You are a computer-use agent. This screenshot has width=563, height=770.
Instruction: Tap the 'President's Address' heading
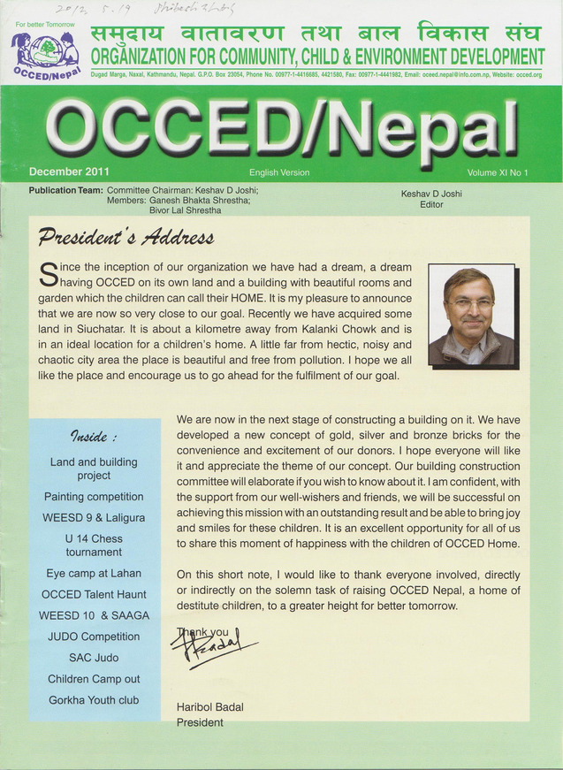[x=125, y=238]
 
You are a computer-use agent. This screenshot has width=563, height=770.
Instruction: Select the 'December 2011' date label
[x=69, y=172]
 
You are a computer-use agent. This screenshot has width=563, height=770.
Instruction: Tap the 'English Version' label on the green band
[x=279, y=173]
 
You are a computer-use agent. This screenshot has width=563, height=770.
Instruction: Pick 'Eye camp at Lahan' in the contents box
[x=94, y=573]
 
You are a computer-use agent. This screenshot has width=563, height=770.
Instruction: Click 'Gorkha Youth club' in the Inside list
[x=94, y=700]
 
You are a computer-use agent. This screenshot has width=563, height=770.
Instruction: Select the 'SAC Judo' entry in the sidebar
[x=94, y=658]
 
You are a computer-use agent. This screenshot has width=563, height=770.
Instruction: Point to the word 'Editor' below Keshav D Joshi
[x=432, y=204]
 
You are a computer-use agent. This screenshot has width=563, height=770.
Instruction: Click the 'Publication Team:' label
[x=65, y=190]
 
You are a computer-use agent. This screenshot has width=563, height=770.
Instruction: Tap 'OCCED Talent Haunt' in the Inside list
[x=94, y=594]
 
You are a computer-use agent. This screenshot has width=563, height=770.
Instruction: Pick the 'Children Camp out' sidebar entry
[x=94, y=679]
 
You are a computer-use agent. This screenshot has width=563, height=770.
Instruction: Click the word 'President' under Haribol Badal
[x=200, y=722]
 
